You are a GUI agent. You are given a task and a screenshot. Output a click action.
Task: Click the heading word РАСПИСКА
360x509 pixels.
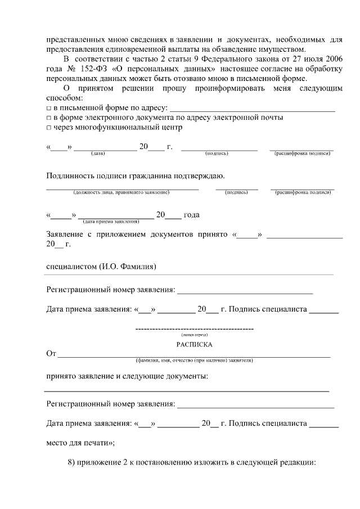coord(194,344)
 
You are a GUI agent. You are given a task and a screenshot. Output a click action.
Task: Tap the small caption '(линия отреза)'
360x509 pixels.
coord(194,335)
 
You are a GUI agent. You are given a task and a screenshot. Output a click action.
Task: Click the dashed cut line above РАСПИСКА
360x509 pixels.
coord(195,328)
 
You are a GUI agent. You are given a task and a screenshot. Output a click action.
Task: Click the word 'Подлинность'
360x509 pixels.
coord(70,176)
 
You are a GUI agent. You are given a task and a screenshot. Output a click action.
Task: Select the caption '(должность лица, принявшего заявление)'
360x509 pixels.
coord(121,193)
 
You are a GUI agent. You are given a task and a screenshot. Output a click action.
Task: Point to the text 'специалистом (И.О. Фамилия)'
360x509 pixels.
coord(101,266)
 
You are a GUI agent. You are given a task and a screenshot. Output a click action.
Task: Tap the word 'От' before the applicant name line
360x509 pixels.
coord(51,354)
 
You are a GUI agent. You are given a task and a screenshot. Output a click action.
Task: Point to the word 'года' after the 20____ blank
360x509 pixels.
coord(192,215)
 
